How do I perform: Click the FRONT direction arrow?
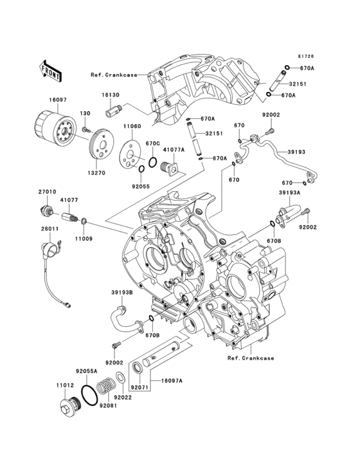(x=50, y=71)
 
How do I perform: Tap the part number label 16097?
(x=58, y=100)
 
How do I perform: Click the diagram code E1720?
(x=306, y=56)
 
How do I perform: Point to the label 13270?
(x=96, y=173)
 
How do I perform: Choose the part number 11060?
(x=132, y=127)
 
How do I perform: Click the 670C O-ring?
(x=152, y=162)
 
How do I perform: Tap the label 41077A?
(x=174, y=149)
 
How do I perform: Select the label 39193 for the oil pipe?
(x=296, y=152)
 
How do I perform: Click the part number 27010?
(x=47, y=192)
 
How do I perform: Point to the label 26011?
(x=50, y=229)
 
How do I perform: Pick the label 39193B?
(x=122, y=292)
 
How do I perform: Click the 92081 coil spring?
(x=105, y=386)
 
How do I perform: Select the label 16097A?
(x=172, y=381)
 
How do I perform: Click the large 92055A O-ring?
(x=89, y=394)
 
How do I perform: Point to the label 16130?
(x=110, y=95)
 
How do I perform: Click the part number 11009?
(x=84, y=239)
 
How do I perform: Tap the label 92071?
(x=139, y=387)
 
